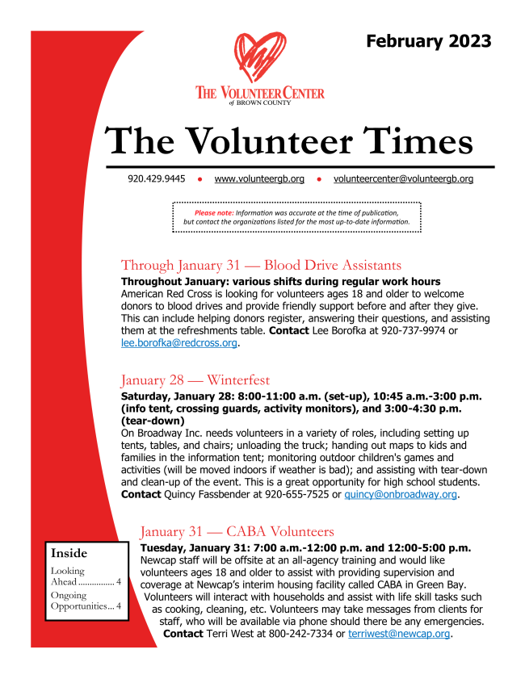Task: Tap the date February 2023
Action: pos(428,41)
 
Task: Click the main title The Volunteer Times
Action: pos(290,142)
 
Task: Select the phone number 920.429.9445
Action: pos(156,178)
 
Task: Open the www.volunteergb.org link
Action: pos(259,178)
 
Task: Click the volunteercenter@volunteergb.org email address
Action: pos(403,178)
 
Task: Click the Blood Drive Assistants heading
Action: pos(261,265)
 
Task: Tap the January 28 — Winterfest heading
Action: pos(195,379)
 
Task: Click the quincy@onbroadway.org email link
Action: pos(401,494)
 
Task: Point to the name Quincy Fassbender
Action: pos(200,494)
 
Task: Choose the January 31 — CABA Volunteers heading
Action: pos(236,531)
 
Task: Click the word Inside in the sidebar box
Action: pos(69,554)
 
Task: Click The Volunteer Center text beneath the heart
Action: pos(259,94)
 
